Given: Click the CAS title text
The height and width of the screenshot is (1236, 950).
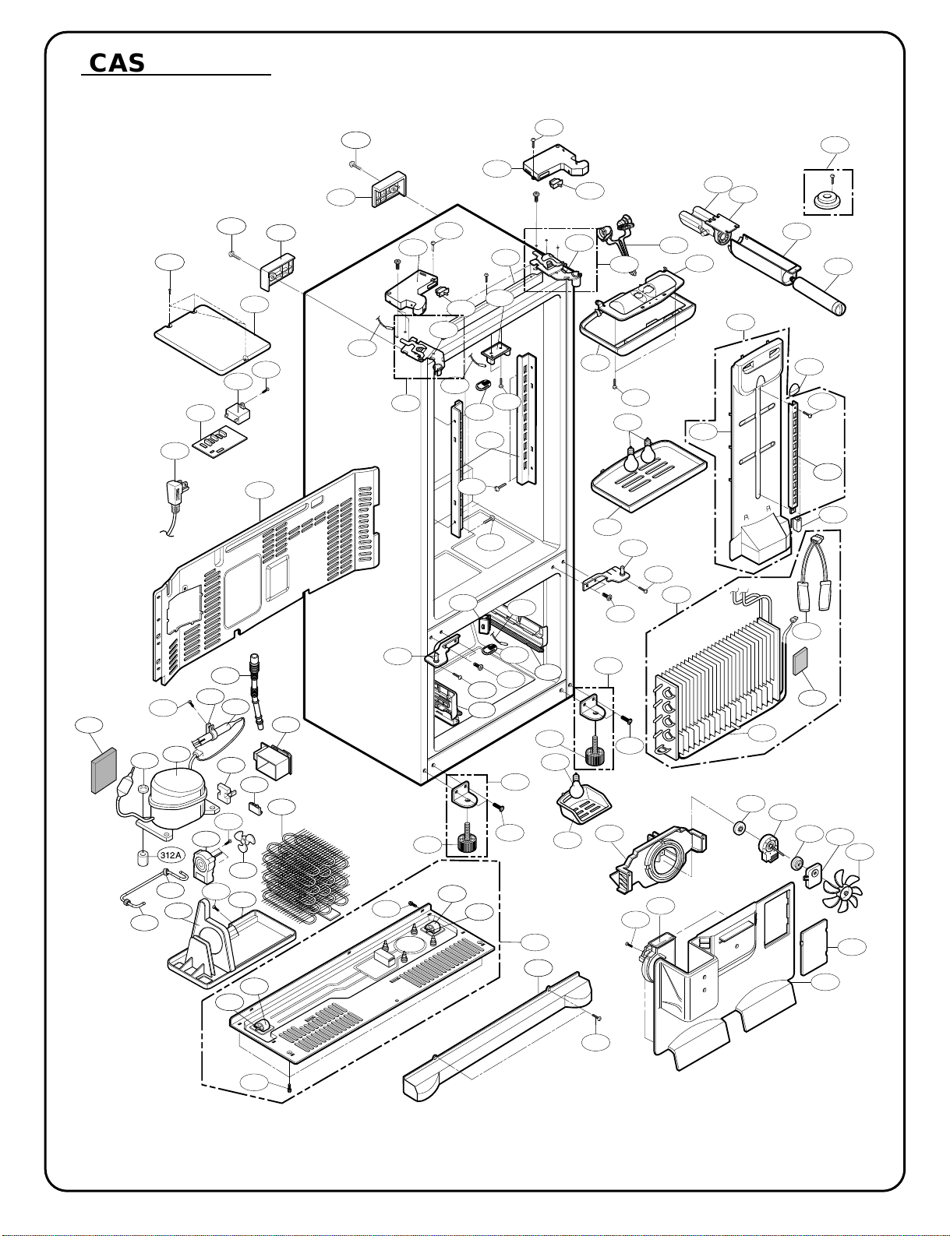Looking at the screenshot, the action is coord(117,63).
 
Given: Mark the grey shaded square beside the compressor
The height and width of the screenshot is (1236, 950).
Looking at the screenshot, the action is coord(104,771).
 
